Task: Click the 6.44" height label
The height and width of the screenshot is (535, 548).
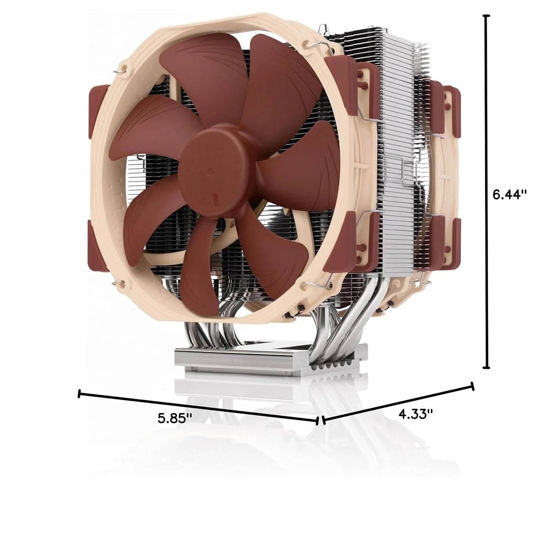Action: point(510,194)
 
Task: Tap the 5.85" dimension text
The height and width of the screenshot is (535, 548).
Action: point(175,417)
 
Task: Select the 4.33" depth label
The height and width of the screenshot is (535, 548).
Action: point(416,414)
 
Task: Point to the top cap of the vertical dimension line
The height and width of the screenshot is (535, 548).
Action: point(486,16)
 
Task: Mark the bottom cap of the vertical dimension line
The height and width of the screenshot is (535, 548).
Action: point(486,368)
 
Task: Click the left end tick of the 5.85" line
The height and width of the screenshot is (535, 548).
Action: point(79,394)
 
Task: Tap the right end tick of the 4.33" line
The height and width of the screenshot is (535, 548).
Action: point(473,386)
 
